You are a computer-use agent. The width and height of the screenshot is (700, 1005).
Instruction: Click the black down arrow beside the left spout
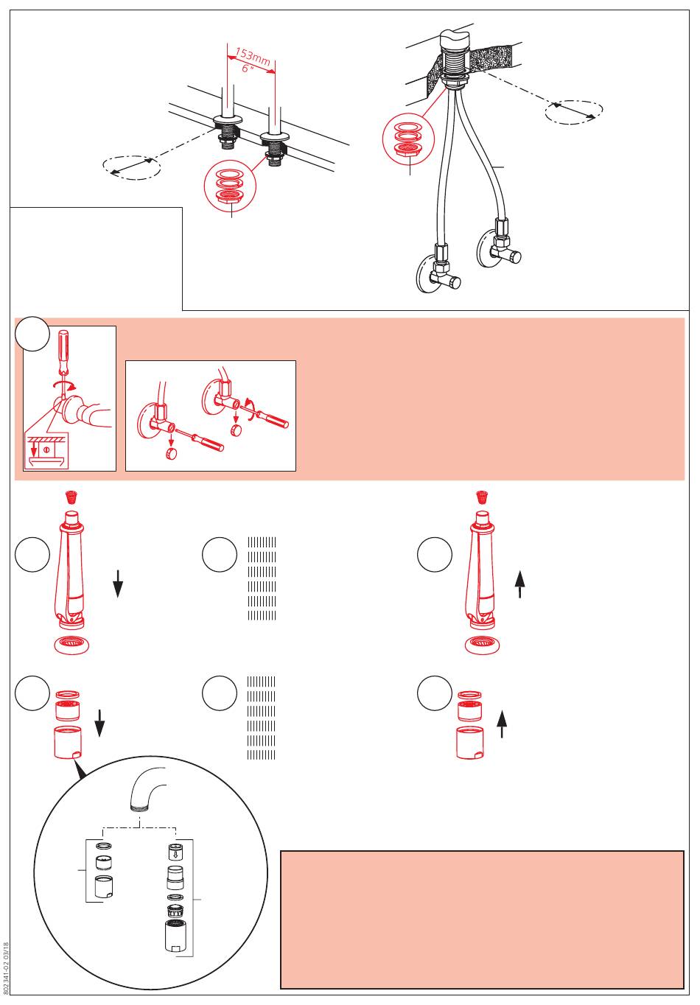(x=117, y=588)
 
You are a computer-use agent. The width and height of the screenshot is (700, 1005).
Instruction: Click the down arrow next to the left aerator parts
(x=100, y=725)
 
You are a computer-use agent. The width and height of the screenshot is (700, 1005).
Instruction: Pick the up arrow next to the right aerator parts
(x=503, y=723)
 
